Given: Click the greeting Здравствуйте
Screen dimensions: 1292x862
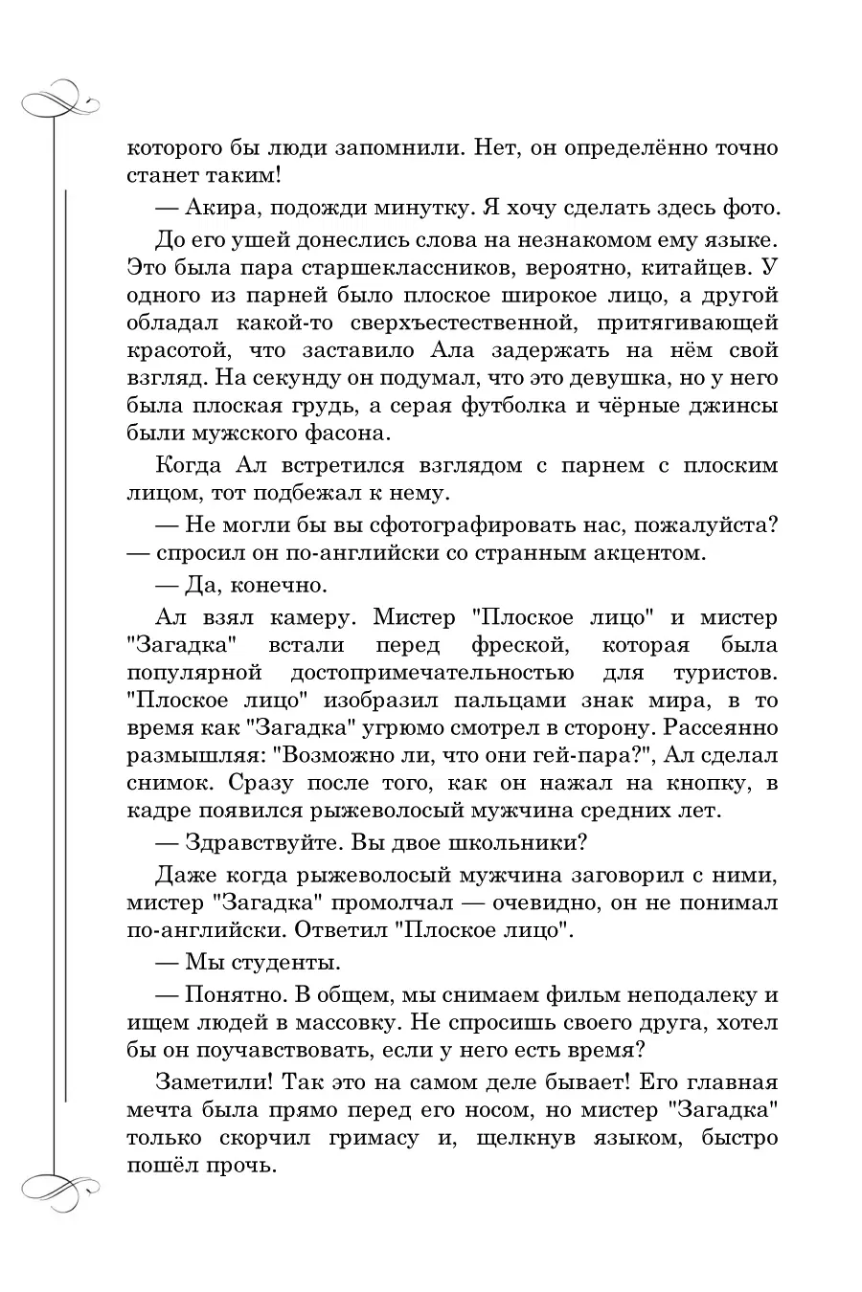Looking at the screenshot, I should [261, 845].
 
